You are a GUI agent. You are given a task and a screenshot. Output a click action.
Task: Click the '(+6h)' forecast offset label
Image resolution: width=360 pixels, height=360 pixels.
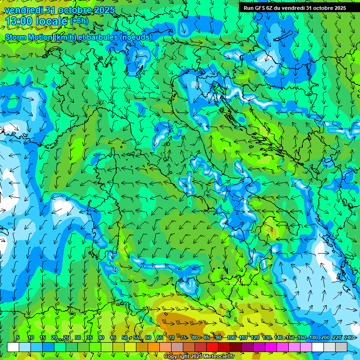coord(79,21)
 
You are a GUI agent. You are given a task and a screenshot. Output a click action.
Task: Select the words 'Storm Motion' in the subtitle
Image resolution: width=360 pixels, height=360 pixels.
coord(28,37)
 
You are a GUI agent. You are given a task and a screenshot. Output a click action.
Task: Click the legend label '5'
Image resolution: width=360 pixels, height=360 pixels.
coord(18,338)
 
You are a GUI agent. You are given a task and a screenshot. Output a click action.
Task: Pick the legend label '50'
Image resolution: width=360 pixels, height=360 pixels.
coord(125,338)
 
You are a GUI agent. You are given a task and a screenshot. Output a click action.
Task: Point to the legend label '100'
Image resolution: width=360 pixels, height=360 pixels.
coord(232,338)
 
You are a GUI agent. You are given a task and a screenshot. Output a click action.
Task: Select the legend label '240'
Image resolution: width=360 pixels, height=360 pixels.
coord(349,338)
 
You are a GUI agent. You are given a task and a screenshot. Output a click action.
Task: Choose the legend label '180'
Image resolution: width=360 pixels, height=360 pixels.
coord(313,338)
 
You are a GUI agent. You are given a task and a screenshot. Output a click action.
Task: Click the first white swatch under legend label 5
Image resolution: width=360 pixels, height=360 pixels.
coord(13,347)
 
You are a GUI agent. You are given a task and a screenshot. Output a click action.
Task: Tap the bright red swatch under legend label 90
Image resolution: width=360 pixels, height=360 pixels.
coord(212,347)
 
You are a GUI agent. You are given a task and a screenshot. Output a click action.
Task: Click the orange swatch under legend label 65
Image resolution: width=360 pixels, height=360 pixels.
coord(154,347)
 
